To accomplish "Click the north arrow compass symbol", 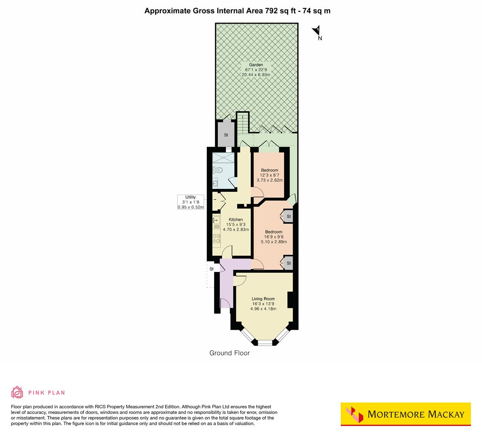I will coord(317,31).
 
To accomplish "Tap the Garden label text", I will coord(256,65).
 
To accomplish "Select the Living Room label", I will coord(263,299).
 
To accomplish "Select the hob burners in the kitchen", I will coord(217,238).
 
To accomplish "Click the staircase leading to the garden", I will coord(242,122).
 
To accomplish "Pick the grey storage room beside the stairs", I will coord(226,135).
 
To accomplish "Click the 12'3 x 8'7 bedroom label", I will coord(270,175).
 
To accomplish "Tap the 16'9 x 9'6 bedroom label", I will coord(275,237).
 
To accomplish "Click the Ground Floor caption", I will coord(229,353).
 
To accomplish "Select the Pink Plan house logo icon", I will coord(17,392).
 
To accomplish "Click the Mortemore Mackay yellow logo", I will coord(406,414).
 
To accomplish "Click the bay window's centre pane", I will coord(265,343).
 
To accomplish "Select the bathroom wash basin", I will coord(215,184).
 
